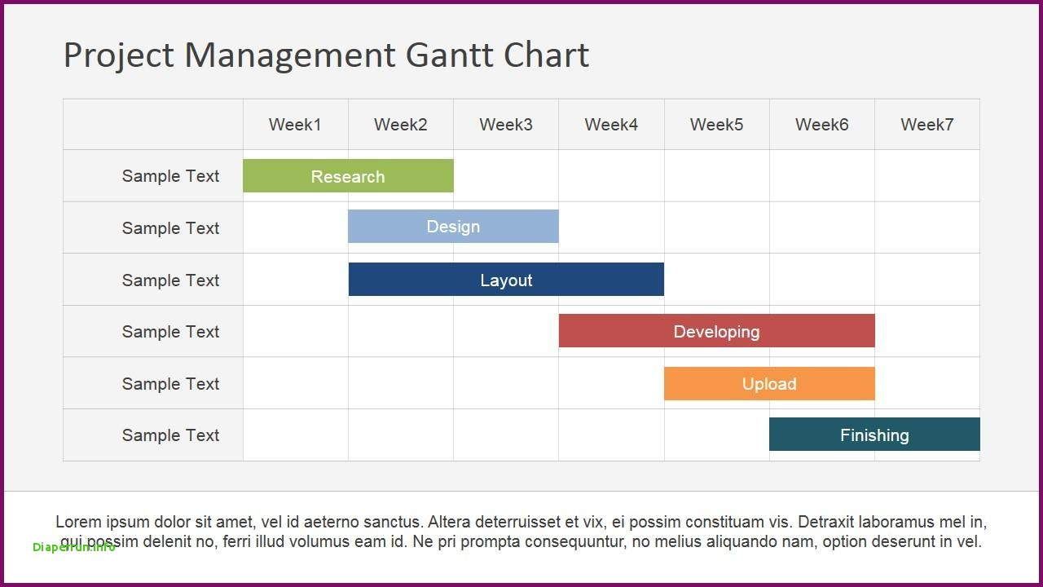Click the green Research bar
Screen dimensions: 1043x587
[348, 175]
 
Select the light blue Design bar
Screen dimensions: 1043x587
[453, 227]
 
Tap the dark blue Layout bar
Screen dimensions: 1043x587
[506, 279]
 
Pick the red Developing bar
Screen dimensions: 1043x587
[716, 331]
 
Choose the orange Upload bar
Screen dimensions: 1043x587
[769, 383]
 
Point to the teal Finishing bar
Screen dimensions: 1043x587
[874, 435]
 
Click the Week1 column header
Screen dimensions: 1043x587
[295, 125]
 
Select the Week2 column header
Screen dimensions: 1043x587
[400, 125]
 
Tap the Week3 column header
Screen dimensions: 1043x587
[506, 125]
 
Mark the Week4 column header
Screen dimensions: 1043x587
[611, 125]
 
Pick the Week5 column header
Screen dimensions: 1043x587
[716, 125]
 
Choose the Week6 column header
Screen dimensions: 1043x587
[822, 125]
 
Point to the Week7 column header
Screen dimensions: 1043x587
[927, 125]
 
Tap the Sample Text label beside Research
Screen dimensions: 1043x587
[170, 176]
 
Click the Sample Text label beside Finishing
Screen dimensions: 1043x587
[170, 435]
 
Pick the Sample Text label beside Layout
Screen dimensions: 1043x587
[170, 280]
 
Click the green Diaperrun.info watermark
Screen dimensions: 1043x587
[74, 547]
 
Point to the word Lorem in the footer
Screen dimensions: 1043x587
[78, 522]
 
